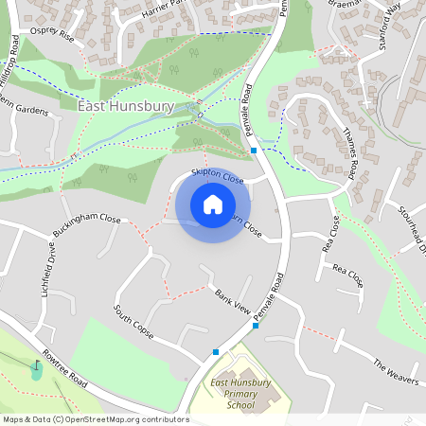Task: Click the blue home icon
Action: pyautogui.click(x=213, y=204)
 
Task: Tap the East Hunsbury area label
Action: pyautogui.click(x=126, y=107)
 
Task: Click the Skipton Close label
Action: pyautogui.click(x=217, y=175)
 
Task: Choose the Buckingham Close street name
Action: pyautogui.click(x=87, y=225)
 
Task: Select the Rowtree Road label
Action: pyautogui.click(x=63, y=368)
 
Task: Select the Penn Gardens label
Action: pyautogui.click(x=24, y=109)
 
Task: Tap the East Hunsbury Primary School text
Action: pyautogui.click(x=240, y=394)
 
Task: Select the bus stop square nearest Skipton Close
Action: pyautogui.click(x=254, y=151)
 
